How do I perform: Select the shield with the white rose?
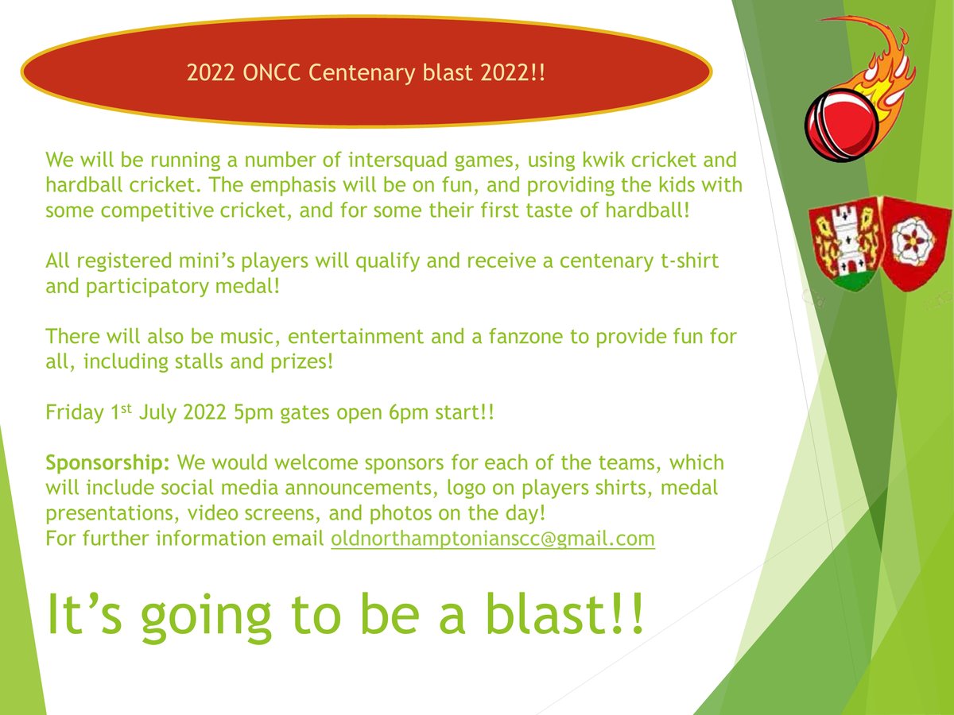coord(907,242)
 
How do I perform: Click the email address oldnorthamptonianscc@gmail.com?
coord(492,539)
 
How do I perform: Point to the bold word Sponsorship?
coord(108,462)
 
